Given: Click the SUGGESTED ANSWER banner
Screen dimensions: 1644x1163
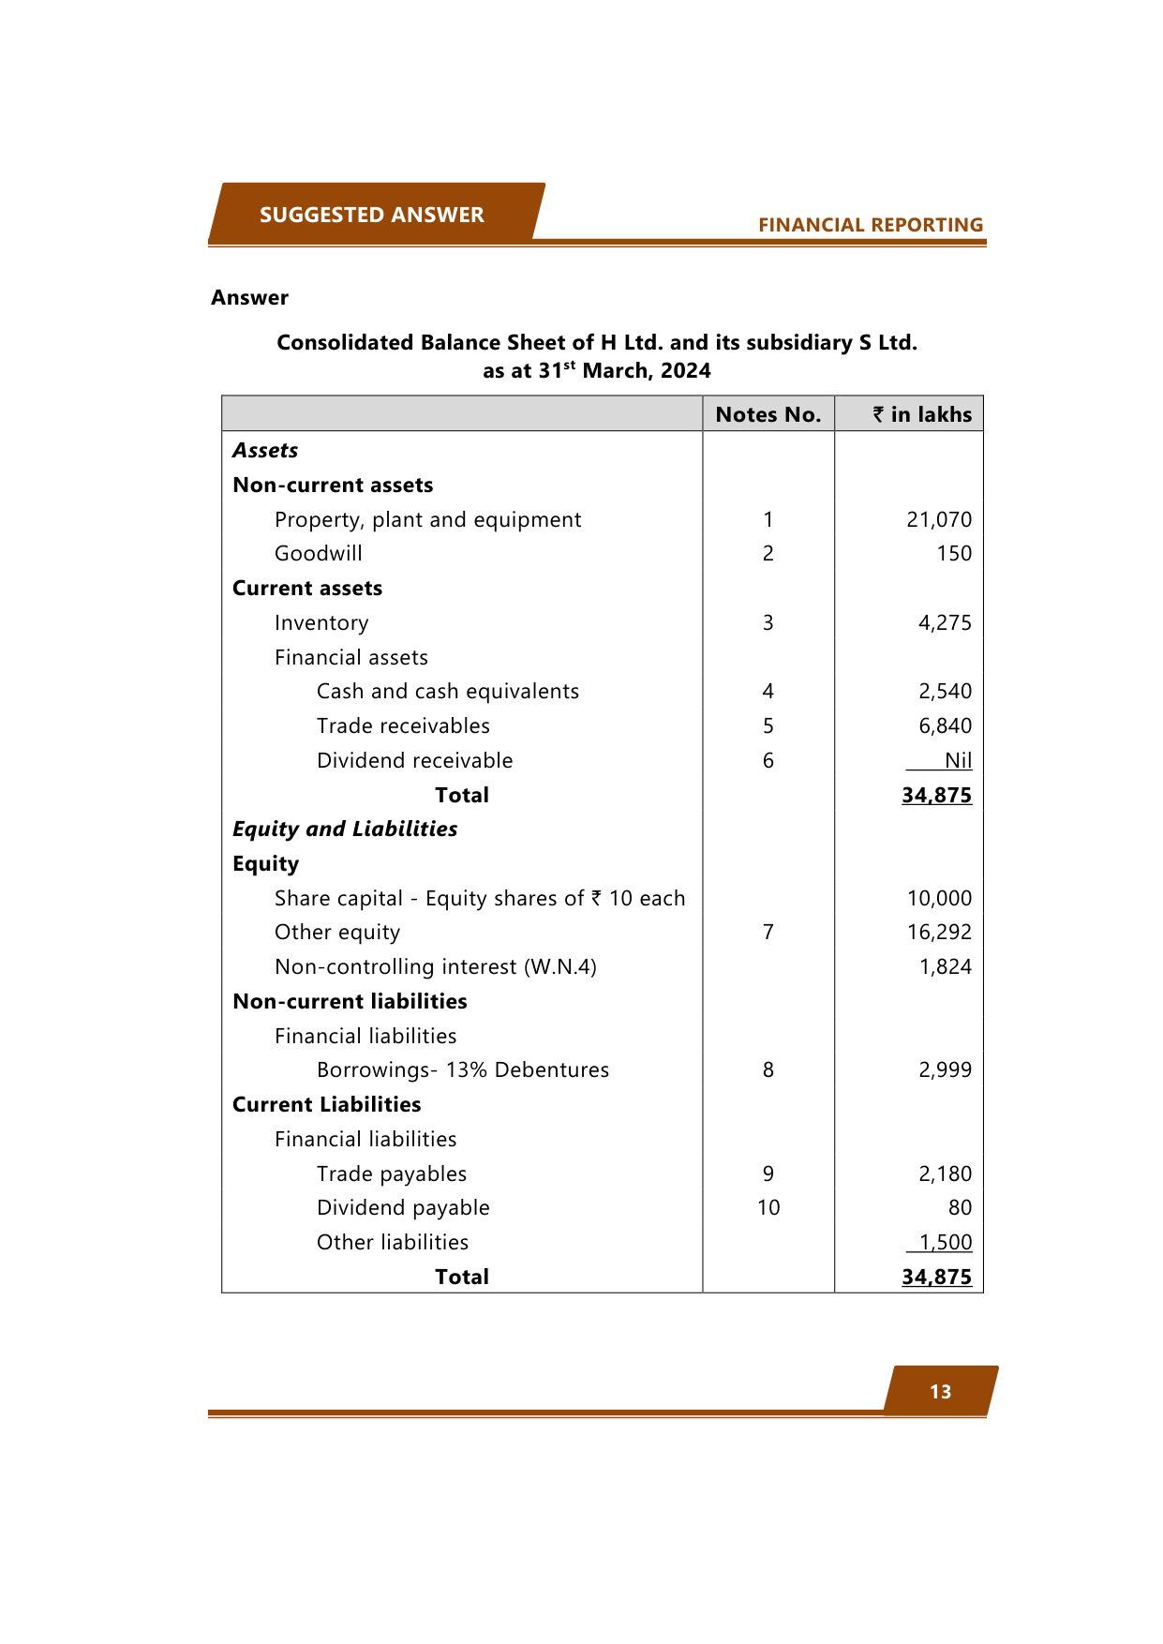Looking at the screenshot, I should point(372,215).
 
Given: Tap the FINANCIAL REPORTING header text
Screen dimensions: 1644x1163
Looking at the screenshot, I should point(871,225).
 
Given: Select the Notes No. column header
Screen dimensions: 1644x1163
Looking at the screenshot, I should point(768,414).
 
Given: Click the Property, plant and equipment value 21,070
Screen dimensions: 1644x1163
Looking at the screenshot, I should point(939,519).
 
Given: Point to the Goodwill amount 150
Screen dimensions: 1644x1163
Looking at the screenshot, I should point(954,553).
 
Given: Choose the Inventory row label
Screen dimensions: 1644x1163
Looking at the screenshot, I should point(321,622).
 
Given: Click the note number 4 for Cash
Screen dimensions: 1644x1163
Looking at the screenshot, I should point(768,691).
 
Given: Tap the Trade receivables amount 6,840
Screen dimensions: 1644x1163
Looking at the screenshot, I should point(945,725).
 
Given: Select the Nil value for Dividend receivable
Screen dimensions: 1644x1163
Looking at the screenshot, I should point(958,760).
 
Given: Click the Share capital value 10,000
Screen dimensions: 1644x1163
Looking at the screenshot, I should point(939,898).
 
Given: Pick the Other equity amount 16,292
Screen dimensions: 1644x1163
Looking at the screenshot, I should point(939,932).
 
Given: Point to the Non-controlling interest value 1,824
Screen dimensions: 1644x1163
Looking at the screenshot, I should point(945,966).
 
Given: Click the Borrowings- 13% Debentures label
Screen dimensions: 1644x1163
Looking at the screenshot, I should point(463,1069).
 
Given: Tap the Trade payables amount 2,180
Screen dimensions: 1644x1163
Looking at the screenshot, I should point(945,1173).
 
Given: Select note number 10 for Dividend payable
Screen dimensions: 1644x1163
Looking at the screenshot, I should point(768,1207).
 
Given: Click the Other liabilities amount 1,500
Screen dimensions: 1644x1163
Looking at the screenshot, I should point(945,1242).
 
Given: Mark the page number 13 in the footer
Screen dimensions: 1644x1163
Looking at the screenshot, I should point(940,1392).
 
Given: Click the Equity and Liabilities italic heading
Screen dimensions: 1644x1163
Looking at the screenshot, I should point(345,829).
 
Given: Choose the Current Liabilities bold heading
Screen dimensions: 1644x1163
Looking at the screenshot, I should point(326,1104).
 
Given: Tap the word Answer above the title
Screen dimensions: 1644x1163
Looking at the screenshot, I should point(249,297).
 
